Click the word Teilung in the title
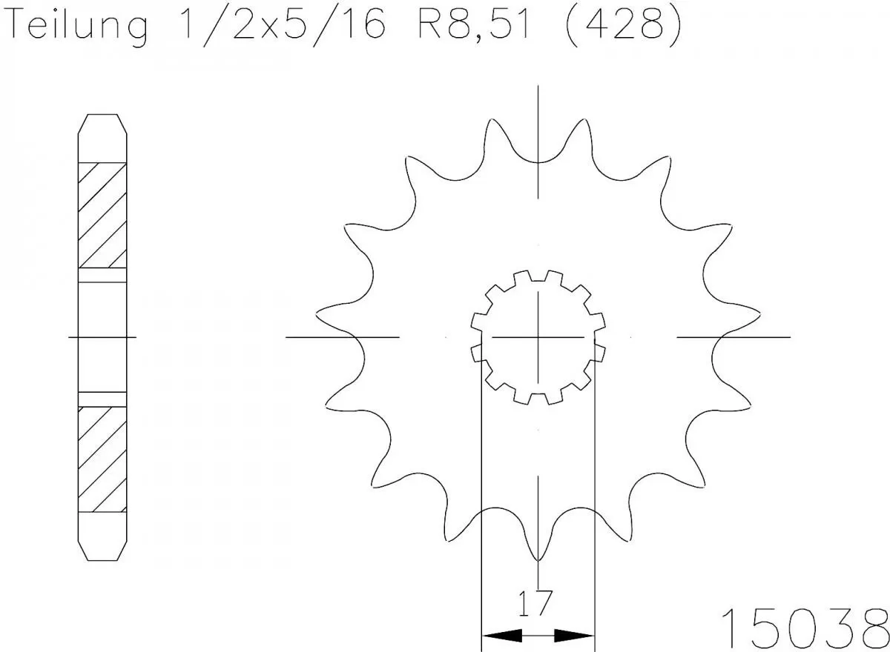(x=79, y=27)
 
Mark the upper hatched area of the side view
(x=102, y=215)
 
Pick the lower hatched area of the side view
(x=102, y=459)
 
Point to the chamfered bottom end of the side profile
(x=102, y=548)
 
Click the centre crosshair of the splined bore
(x=538, y=337)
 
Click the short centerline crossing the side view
(x=102, y=337)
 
